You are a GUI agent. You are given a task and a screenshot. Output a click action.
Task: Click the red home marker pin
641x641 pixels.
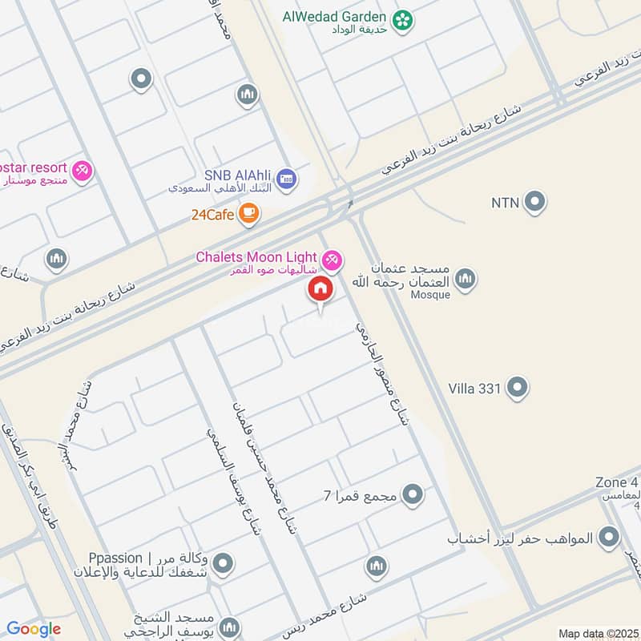pyautogui.click(x=320, y=289)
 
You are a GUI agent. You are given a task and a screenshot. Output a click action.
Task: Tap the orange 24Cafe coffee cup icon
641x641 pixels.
pyautogui.click(x=249, y=213)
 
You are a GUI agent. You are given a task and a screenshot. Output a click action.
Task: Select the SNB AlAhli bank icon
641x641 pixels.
pyautogui.click(x=288, y=178)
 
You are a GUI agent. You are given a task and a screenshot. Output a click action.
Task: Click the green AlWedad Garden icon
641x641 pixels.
pyautogui.click(x=403, y=17)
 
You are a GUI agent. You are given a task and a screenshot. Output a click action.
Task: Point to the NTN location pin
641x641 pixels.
pyautogui.click(x=534, y=202)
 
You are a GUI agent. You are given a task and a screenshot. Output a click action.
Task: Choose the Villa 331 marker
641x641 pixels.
pyautogui.click(x=518, y=388)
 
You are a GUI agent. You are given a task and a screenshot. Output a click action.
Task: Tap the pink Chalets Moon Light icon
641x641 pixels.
pyautogui.click(x=332, y=260)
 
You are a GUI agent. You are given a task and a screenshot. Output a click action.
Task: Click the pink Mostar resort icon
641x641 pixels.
pyautogui.click(x=82, y=170)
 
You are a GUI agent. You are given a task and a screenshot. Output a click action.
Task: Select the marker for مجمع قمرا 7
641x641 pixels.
pyautogui.click(x=413, y=495)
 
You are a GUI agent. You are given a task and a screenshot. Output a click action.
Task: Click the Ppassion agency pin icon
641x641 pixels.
pyautogui.click(x=224, y=563)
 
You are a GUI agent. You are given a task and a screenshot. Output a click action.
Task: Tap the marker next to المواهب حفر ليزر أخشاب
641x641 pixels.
pyautogui.click(x=610, y=538)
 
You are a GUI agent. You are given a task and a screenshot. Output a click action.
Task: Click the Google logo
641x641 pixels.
pyautogui.click(x=34, y=629)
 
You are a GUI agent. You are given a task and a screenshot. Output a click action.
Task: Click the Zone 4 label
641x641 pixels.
pyautogui.click(x=617, y=482)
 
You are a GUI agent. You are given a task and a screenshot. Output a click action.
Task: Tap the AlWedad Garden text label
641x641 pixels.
pyautogui.click(x=335, y=16)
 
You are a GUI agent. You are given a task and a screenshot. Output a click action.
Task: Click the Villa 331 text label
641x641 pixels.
pyautogui.click(x=474, y=389)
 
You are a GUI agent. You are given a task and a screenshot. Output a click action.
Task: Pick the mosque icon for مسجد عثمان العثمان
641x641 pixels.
pyautogui.click(x=465, y=279)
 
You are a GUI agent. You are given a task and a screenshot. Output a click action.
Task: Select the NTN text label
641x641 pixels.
pyautogui.click(x=506, y=203)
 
